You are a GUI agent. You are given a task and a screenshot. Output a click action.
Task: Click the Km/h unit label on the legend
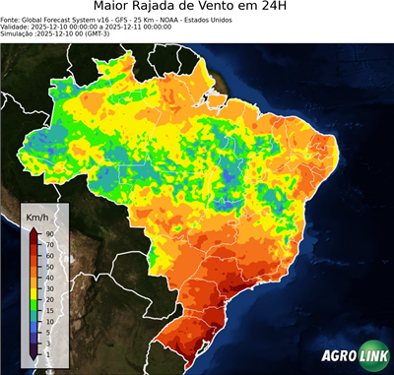[37, 217]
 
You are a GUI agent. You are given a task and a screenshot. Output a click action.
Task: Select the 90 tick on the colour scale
[48, 234]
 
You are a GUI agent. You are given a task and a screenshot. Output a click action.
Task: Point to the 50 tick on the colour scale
[48, 266]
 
